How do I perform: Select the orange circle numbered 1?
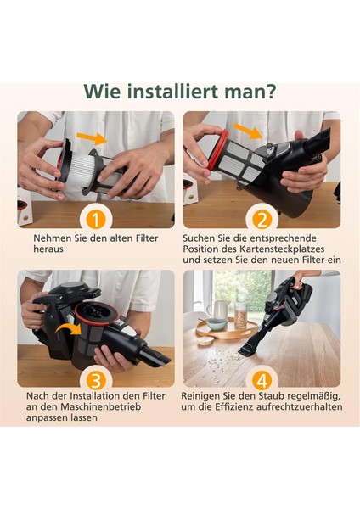point(96,220)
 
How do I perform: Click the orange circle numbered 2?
point(262,220)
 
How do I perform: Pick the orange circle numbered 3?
point(96,378)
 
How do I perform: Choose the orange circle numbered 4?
point(262,378)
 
